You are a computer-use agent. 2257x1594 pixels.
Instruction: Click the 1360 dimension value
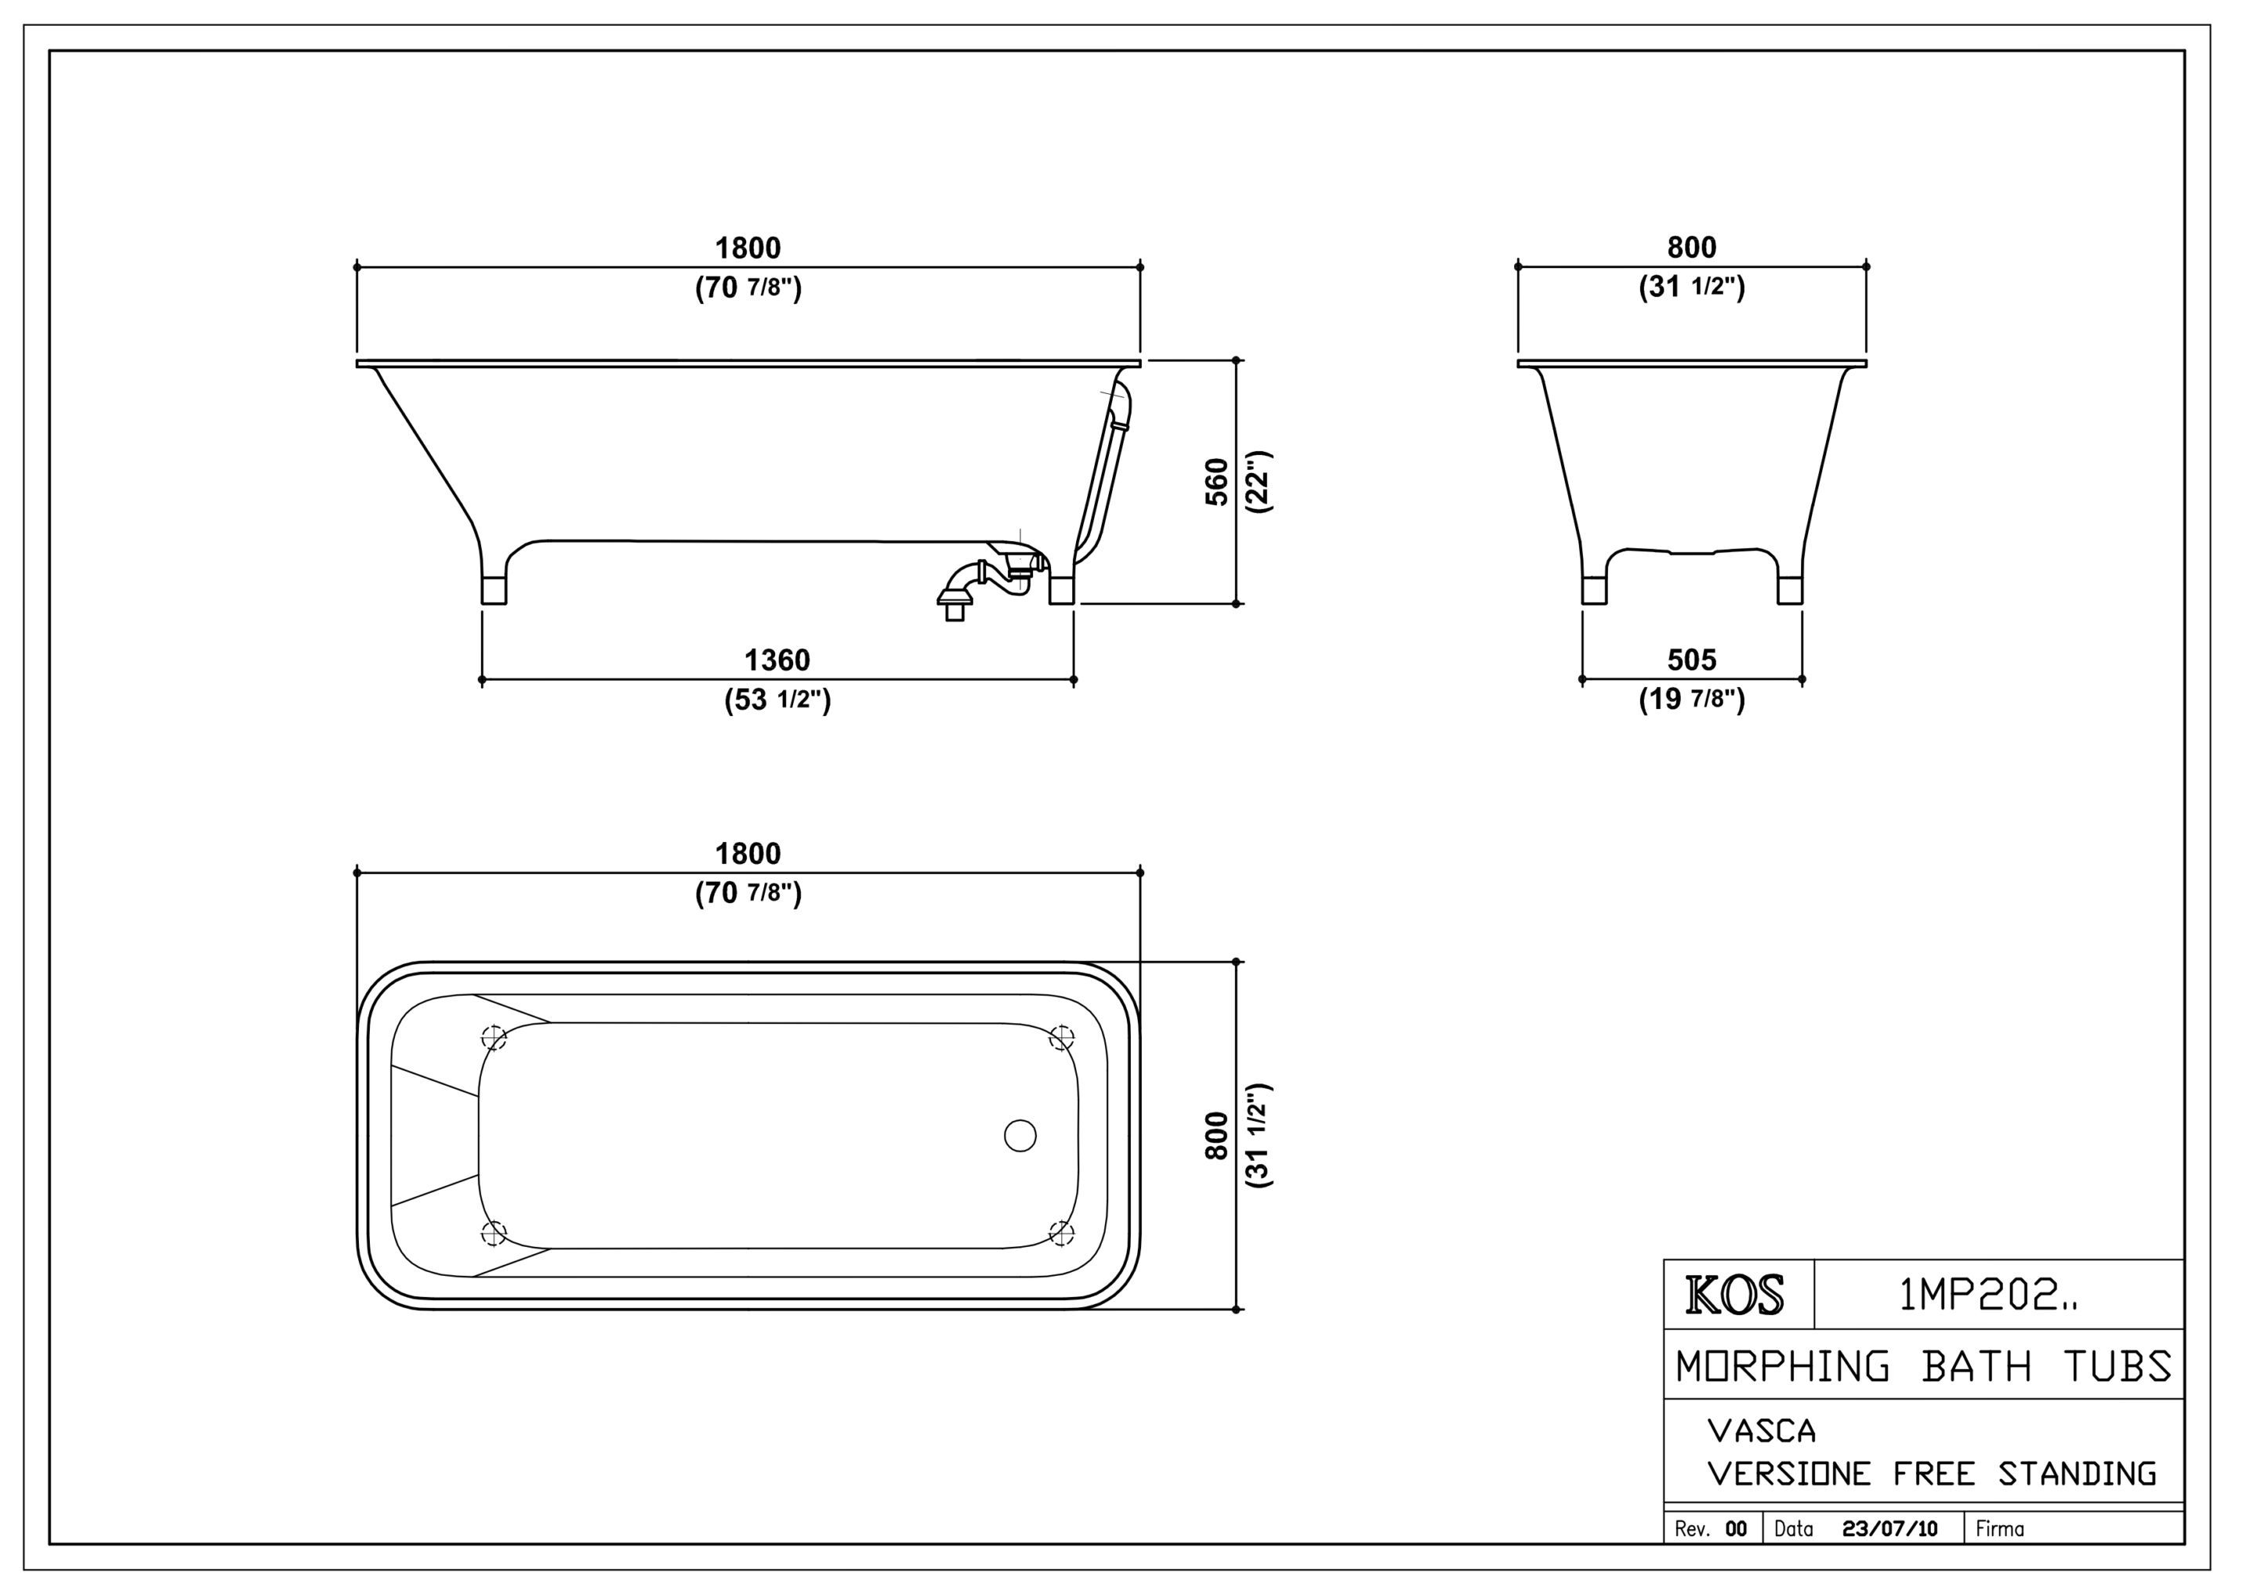[777, 660]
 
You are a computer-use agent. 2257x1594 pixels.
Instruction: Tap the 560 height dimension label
[1217, 482]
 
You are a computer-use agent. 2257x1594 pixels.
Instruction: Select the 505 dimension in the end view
[1692, 660]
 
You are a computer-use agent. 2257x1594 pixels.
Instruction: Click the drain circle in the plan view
[1020, 1135]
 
